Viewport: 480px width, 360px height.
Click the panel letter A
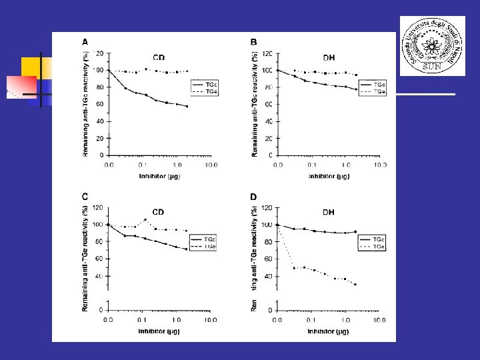pyautogui.click(x=85, y=42)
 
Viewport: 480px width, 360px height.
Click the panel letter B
pyautogui.click(x=254, y=43)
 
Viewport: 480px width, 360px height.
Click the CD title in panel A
pyautogui.click(x=160, y=57)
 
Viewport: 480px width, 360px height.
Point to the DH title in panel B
pyautogui.click(x=329, y=57)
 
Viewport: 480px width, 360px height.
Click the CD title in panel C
pyautogui.click(x=158, y=212)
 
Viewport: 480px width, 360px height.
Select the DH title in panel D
pyautogui.click(x=329, y=212)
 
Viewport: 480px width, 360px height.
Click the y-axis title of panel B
pyautogui.click(x=256, y=105)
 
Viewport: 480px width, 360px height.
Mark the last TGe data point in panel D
pyautogui.click(x=355, y=285)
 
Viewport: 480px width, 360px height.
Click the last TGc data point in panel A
pyautogui.click(x=187, y=107)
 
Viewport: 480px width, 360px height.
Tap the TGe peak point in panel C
pyautogui.click(x=145, y=219)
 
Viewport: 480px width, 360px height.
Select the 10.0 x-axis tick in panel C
pyautogui.click(x=211, y=321)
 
